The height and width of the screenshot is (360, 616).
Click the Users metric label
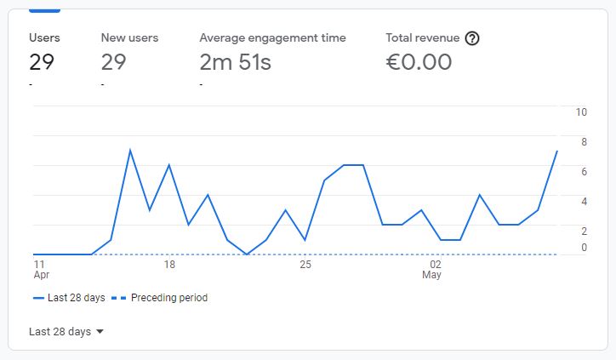coord(44,37)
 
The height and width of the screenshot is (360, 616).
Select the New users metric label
coord(129,37)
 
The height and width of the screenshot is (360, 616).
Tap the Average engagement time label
coord(272,38)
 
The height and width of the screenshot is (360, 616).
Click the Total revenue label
coord(422,37)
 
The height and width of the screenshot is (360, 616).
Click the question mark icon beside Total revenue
coord(472,38)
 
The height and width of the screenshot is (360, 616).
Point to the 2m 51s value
coord(236,62)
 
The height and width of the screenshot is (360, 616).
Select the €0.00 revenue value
coord(419,62)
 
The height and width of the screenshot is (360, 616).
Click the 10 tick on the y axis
coord(581,112)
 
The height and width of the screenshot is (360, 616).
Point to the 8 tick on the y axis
coord(584,142)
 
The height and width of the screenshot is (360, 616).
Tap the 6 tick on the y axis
coord(584,172)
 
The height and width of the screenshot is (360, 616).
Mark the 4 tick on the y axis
coord(584,202)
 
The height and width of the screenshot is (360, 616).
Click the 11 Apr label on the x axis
coord(41,269)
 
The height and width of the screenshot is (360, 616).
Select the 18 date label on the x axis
coord(169,264)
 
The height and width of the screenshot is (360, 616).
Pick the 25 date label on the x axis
coord(305,264)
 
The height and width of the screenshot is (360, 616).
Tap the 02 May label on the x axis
coord(431,269)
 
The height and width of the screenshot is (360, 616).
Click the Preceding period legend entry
coord(159,298)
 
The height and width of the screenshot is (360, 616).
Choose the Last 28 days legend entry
coord(69,298)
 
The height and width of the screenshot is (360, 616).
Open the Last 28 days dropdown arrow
coord(100,331)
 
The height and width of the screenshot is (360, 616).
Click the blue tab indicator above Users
coord(44,10)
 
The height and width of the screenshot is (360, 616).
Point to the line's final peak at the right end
coord(556,151)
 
